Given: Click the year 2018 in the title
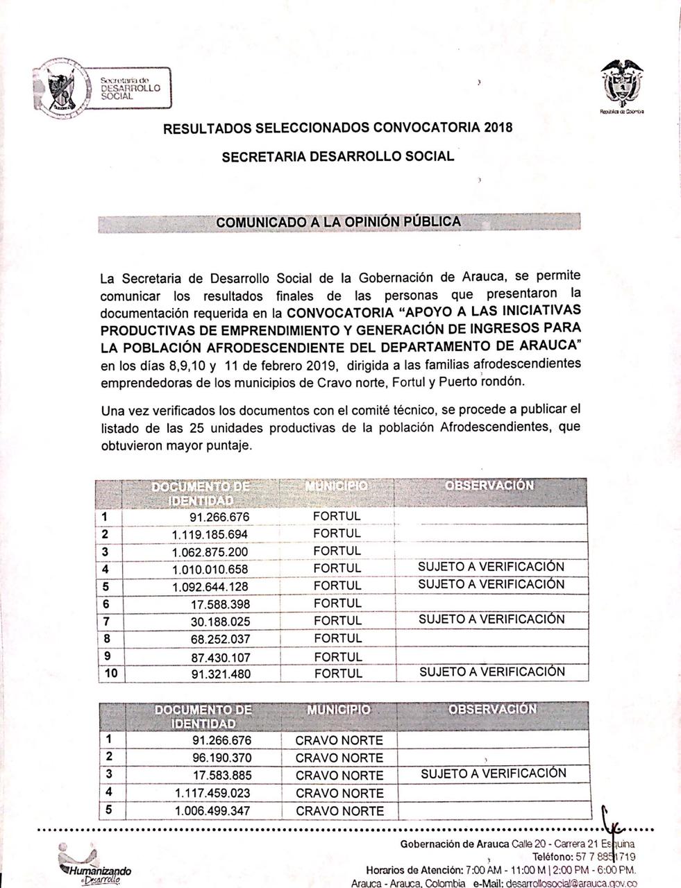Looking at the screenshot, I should click(x=498, y=128).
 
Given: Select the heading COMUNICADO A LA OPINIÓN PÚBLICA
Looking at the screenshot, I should click(x=338, y=222).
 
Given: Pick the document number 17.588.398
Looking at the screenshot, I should click(x=220, y=604).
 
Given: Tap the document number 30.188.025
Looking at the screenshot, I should click(x=220, y=622).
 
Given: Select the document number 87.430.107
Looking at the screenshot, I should click(x=220, y=657).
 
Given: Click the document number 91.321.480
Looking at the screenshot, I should click(x=220, y=674).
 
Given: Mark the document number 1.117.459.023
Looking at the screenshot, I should click(x=211, y=793).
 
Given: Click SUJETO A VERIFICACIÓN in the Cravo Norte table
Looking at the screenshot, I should click(x=493, y=774).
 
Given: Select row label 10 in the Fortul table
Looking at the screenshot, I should click(x=110, y=674).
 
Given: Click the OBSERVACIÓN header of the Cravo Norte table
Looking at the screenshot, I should click(x=492, y=710).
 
